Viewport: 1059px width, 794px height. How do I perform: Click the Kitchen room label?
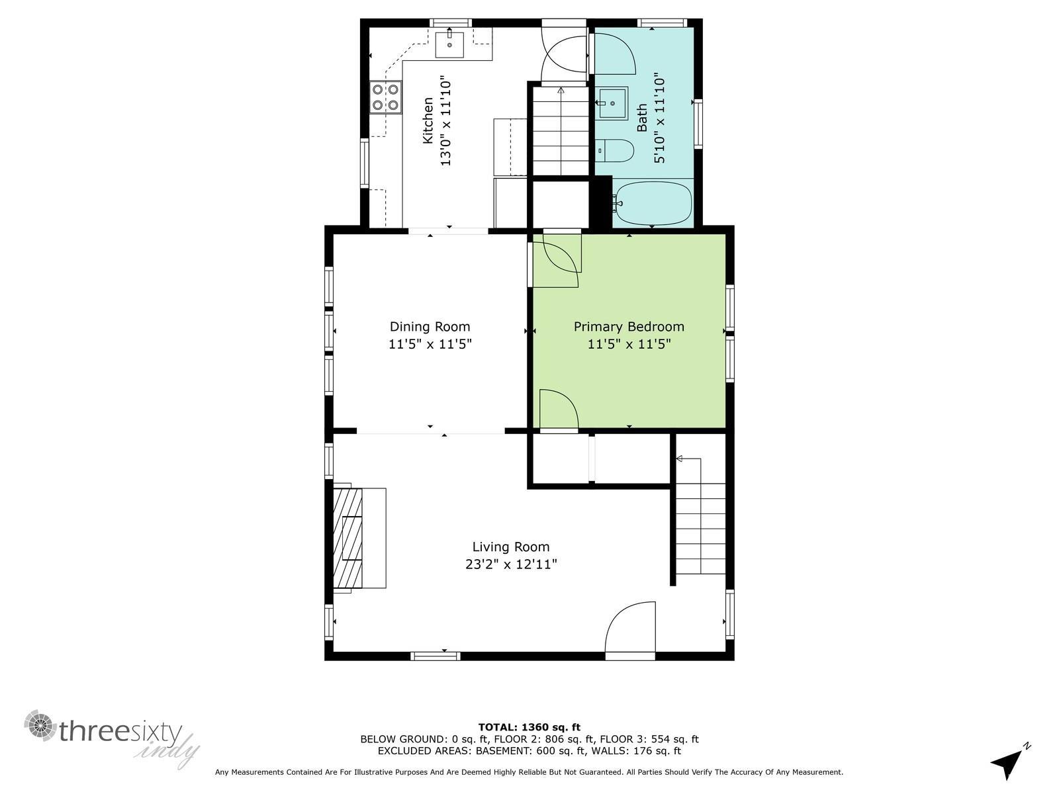pos(428,120)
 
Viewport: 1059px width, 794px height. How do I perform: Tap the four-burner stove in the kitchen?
pos(385,97)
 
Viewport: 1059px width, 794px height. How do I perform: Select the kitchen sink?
pos(450,43)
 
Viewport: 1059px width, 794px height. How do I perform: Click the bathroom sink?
pos(613,103)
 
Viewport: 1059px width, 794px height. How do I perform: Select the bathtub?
pos(653,204)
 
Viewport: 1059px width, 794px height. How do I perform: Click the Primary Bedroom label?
pos(629,326)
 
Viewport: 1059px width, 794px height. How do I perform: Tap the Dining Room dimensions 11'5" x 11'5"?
pos(430,344)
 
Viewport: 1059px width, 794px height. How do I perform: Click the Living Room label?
pos(510,547)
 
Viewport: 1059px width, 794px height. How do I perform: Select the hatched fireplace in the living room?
pos(348,537)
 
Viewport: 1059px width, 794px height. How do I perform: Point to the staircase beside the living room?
pos(701,523)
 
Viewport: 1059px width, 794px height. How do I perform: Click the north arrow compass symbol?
pos(1009,763)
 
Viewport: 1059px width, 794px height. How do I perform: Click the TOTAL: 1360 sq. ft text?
pos(529,727)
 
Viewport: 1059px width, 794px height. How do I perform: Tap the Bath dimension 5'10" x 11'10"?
pos(660,118)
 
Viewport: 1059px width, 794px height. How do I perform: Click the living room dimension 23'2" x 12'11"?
pos(510,564)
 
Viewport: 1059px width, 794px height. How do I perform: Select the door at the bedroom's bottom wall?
pos(559,412)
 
